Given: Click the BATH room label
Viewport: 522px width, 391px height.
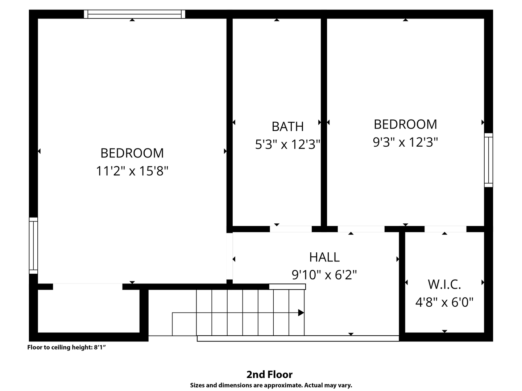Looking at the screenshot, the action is (287, 127).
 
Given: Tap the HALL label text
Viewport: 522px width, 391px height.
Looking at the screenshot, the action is (324, 257).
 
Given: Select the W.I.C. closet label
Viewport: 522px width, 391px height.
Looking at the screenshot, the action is (444, 285).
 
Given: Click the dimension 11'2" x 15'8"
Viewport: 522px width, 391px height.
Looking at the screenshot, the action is (132, 171).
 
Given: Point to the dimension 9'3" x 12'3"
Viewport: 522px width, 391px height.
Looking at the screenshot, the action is (405, 142).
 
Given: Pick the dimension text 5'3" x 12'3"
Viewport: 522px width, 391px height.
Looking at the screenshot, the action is (288, 144).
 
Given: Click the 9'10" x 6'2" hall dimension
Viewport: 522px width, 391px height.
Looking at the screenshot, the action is (324, 275).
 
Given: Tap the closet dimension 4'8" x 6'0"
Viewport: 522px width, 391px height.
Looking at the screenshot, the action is (444, 302).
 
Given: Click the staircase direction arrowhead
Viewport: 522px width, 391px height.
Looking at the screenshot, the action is (301, 313).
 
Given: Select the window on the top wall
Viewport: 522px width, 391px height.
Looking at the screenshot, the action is (134, 14).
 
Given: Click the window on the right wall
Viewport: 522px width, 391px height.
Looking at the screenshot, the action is (488, 160).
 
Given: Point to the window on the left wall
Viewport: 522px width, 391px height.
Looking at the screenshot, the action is (33, 245).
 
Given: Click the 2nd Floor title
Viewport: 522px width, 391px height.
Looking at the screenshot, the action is (269, 375).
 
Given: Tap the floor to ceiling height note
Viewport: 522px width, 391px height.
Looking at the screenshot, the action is (66, 347).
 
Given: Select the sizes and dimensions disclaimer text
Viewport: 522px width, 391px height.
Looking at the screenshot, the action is (271, 385).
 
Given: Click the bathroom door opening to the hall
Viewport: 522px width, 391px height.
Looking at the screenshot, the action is (291, 229).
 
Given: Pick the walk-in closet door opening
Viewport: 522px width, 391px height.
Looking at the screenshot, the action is (446, 229).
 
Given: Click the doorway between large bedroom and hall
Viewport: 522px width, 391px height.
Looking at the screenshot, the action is (229, 256).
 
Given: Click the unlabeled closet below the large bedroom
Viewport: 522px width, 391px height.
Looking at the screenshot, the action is (89, 311).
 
